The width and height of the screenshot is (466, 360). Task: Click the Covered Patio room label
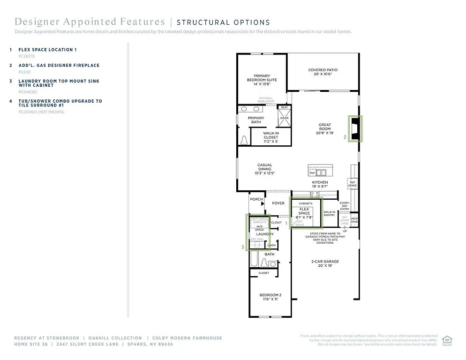(323, 72)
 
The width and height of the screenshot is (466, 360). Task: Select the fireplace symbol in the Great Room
(355, 128)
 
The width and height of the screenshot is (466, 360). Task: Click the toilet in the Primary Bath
(244, 139)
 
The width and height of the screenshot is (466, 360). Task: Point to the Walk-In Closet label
(271, 137)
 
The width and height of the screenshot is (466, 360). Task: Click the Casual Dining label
(264, 169)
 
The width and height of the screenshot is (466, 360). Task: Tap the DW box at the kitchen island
(312, 173)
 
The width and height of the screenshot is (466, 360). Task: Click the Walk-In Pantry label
(329, 213)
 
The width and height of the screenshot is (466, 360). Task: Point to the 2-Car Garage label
(325, 263)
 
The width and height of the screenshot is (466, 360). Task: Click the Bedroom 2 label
(270, 297)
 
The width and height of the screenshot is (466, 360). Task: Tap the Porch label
(256, 200)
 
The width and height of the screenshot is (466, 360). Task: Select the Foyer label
(278, 203)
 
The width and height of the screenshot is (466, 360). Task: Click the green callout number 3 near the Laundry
(243, 247)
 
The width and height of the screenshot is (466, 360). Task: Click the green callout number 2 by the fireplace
(345, 137)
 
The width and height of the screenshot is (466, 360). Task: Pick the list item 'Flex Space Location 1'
(47, 50)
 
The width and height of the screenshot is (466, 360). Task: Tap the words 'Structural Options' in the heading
(223, 22)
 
